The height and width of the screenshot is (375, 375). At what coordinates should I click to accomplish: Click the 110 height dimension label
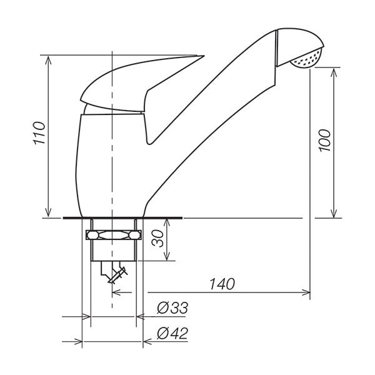[39, 133]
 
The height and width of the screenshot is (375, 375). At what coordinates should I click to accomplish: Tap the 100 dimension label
[324, 141]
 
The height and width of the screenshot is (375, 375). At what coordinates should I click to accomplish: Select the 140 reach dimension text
[222, 284]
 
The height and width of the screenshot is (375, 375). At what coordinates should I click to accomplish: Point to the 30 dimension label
[158, 239]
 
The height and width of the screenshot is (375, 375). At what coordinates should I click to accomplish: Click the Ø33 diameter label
[172, 307]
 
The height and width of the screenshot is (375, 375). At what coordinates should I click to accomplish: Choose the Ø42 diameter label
[172, 333]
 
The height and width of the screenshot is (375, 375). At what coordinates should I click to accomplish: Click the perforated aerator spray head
[306, 59]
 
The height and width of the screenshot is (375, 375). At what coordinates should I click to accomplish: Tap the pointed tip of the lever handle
[204, 56]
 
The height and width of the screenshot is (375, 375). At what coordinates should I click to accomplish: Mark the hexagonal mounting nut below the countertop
[113, 235]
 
